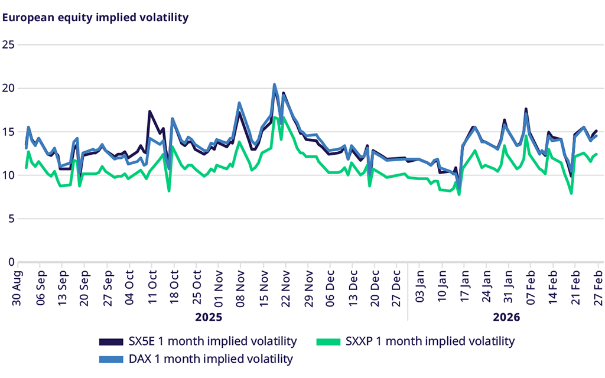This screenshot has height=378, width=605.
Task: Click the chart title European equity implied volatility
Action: pos(96,17)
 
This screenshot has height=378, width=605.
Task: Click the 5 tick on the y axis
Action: pos(10,219)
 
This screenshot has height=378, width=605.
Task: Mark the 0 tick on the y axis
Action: pos(10,262)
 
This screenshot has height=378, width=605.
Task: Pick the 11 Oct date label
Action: pos(152,288)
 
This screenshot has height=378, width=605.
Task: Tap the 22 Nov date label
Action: pos(286,288)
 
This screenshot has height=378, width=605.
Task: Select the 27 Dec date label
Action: pos(398,288)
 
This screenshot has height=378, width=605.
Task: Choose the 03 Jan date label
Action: pos(420,288)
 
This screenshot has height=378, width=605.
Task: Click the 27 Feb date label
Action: pos(598,288)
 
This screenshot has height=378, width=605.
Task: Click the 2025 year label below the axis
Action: pos(209,317)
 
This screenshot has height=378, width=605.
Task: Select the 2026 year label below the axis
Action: pos(506,317)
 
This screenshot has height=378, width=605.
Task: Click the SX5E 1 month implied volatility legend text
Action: pos(212,341)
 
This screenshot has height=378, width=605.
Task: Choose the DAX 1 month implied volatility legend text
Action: pos(211,359)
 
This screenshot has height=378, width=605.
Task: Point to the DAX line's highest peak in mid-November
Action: pos(275,84)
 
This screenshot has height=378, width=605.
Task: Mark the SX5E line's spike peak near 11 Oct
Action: pos(150,111)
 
